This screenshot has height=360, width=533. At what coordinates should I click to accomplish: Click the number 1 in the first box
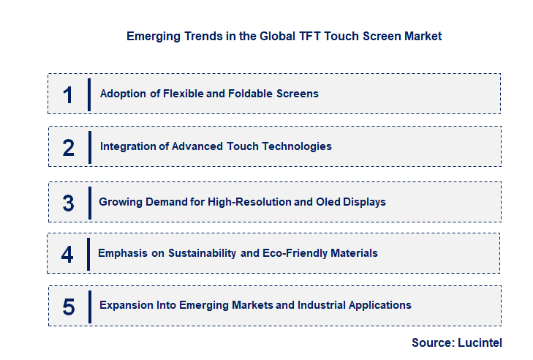[68, 94]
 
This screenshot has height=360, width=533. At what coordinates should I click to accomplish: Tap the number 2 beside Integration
[68, 147]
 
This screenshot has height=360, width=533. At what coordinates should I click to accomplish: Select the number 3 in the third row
[68, 203]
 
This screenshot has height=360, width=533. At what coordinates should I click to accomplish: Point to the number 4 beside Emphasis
[67, 254]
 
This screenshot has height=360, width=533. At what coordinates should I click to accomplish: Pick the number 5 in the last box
[68, 306]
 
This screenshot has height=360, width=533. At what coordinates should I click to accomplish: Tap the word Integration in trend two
[129, 146]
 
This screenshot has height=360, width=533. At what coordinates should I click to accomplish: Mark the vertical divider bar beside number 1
[89, 94]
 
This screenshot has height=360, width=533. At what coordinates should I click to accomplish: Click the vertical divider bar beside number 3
[89, 202]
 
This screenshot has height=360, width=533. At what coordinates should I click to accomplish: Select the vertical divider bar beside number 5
[89, 306]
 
